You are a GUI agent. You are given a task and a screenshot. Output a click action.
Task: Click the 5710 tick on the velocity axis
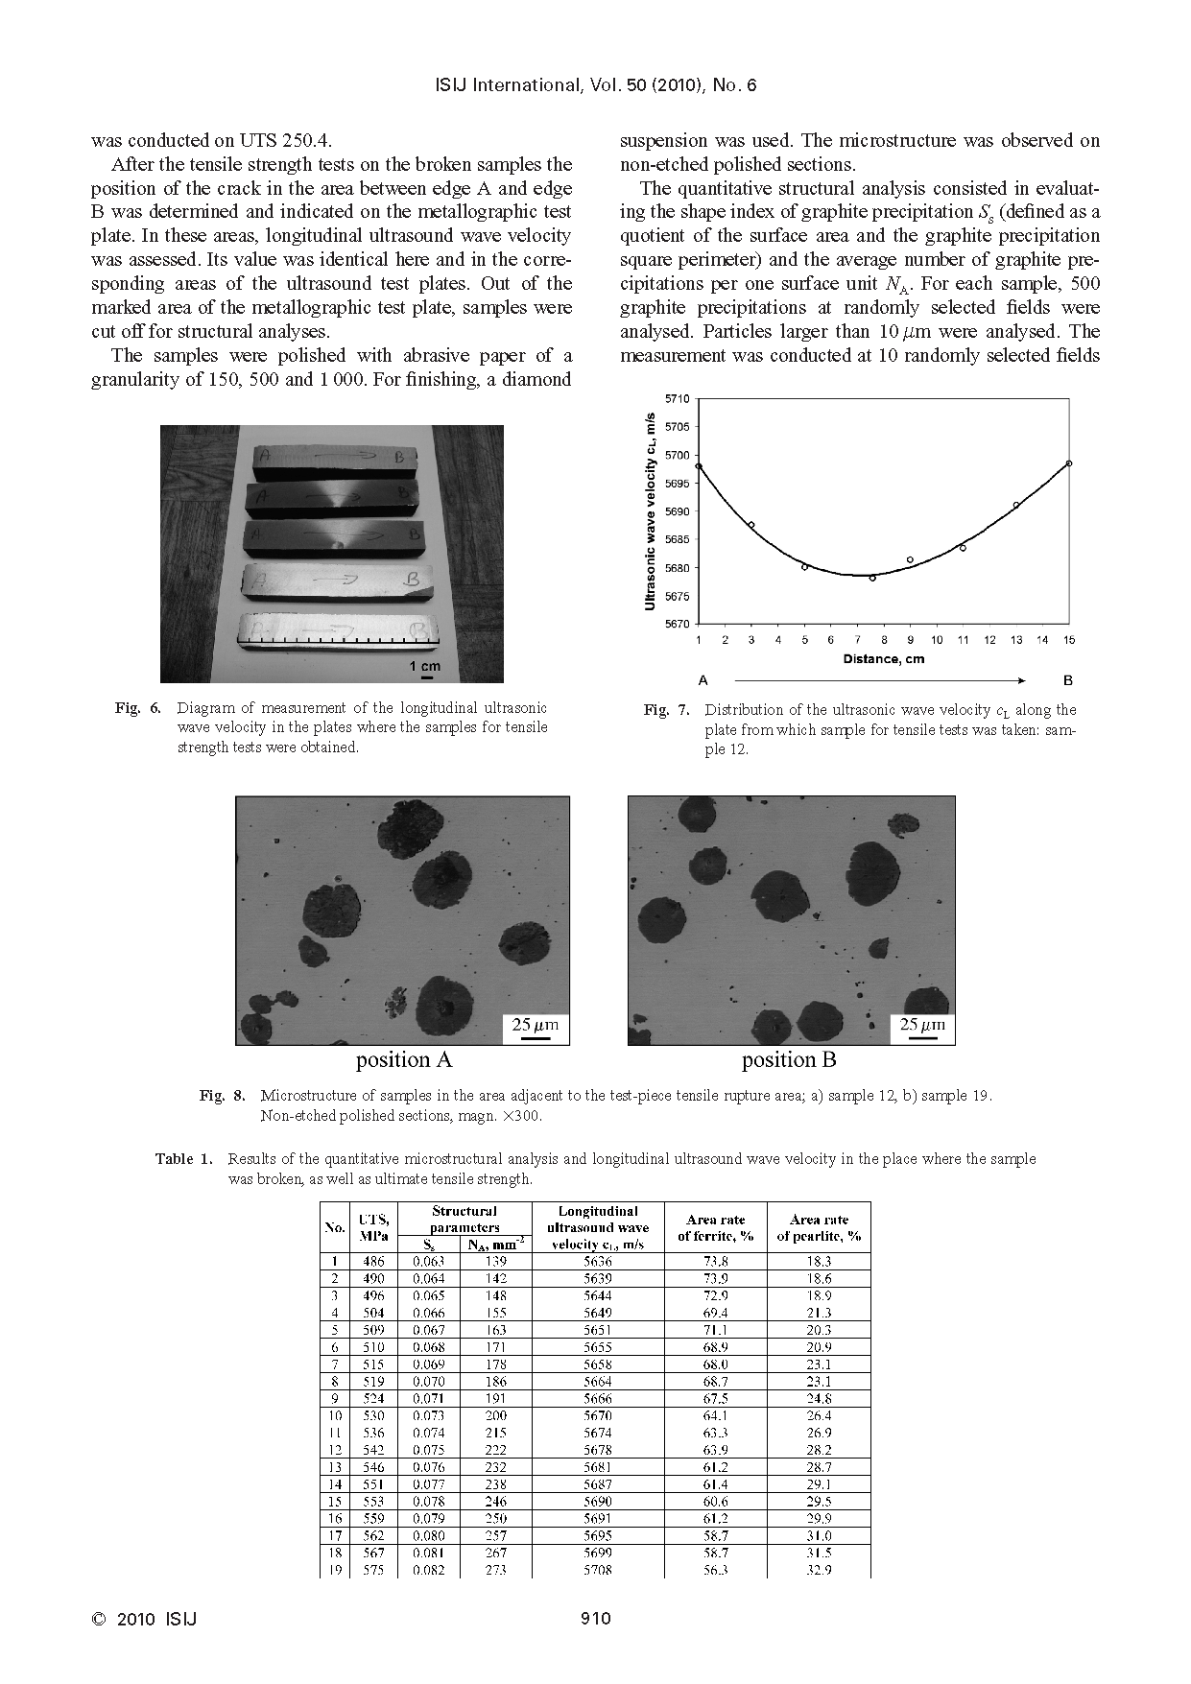pyautogui.click(x=677, y=397)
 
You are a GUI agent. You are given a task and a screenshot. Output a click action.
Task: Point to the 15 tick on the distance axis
pyautogui.click(x=1069, y=640)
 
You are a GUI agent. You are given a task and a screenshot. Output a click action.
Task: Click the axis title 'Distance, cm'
pyautogui.click(x=883, y=658)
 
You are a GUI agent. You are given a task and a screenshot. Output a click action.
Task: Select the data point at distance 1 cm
pyautogui.click(x=699, y=466)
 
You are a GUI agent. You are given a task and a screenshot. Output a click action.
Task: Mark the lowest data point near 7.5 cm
pyautogui.click(x=872, y=578)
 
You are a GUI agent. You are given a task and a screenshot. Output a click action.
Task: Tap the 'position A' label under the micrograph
pyautogui.click(x=403, y=1060)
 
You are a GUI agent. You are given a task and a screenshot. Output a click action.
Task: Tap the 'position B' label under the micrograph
pyautogui.click(x=789, y=1060)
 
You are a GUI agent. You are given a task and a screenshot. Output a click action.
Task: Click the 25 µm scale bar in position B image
pyautogui.click(x=922, y=1036)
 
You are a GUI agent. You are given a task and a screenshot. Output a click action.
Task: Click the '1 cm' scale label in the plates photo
pyautogui.click(x=425, y=666)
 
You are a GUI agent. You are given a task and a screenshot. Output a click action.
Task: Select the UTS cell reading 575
pyautogui.click(x=373, y=1571)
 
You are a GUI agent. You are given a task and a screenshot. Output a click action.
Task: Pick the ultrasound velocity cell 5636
pyautogui.click(x=597, y=1262)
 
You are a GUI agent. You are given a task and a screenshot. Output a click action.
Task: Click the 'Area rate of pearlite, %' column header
pyautogui.click(x=819, y=1228)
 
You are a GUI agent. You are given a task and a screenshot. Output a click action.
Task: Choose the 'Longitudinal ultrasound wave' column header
pyautogui.click(x=597, y=1220)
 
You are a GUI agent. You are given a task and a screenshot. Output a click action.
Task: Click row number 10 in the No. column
pyautogui.click(x=335, y=1415)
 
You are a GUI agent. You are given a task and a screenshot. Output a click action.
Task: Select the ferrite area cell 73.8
pyautogui.click(x=715, y=1262)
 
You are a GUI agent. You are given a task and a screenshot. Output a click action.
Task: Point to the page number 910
pyautogui.click(x=595, y=1619)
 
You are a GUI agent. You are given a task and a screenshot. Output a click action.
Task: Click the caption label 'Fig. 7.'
pyautogui.click(x=666, y=710)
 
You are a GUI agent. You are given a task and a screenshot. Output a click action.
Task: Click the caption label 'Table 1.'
pyautogui.click(x=183, y=1159)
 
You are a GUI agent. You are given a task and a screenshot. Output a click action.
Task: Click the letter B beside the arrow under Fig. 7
pyautogui.click(x=1068, y=680)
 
